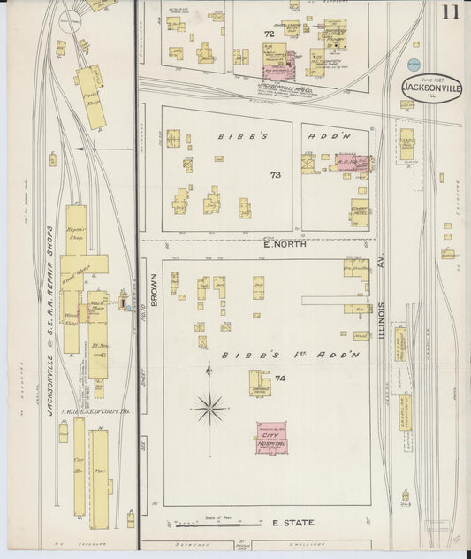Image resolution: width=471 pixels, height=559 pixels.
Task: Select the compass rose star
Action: click(209, 409)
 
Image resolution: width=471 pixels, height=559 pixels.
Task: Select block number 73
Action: click(276, 175)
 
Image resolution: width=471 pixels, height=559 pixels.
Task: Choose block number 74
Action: click(280, 379)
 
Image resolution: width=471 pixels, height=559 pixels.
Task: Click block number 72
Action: click(269, 34)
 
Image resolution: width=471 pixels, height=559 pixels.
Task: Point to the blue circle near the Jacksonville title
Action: click(414, 64)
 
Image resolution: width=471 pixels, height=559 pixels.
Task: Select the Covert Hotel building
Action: click(359, 213)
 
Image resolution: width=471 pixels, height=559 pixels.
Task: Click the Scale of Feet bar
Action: click(217, 524)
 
